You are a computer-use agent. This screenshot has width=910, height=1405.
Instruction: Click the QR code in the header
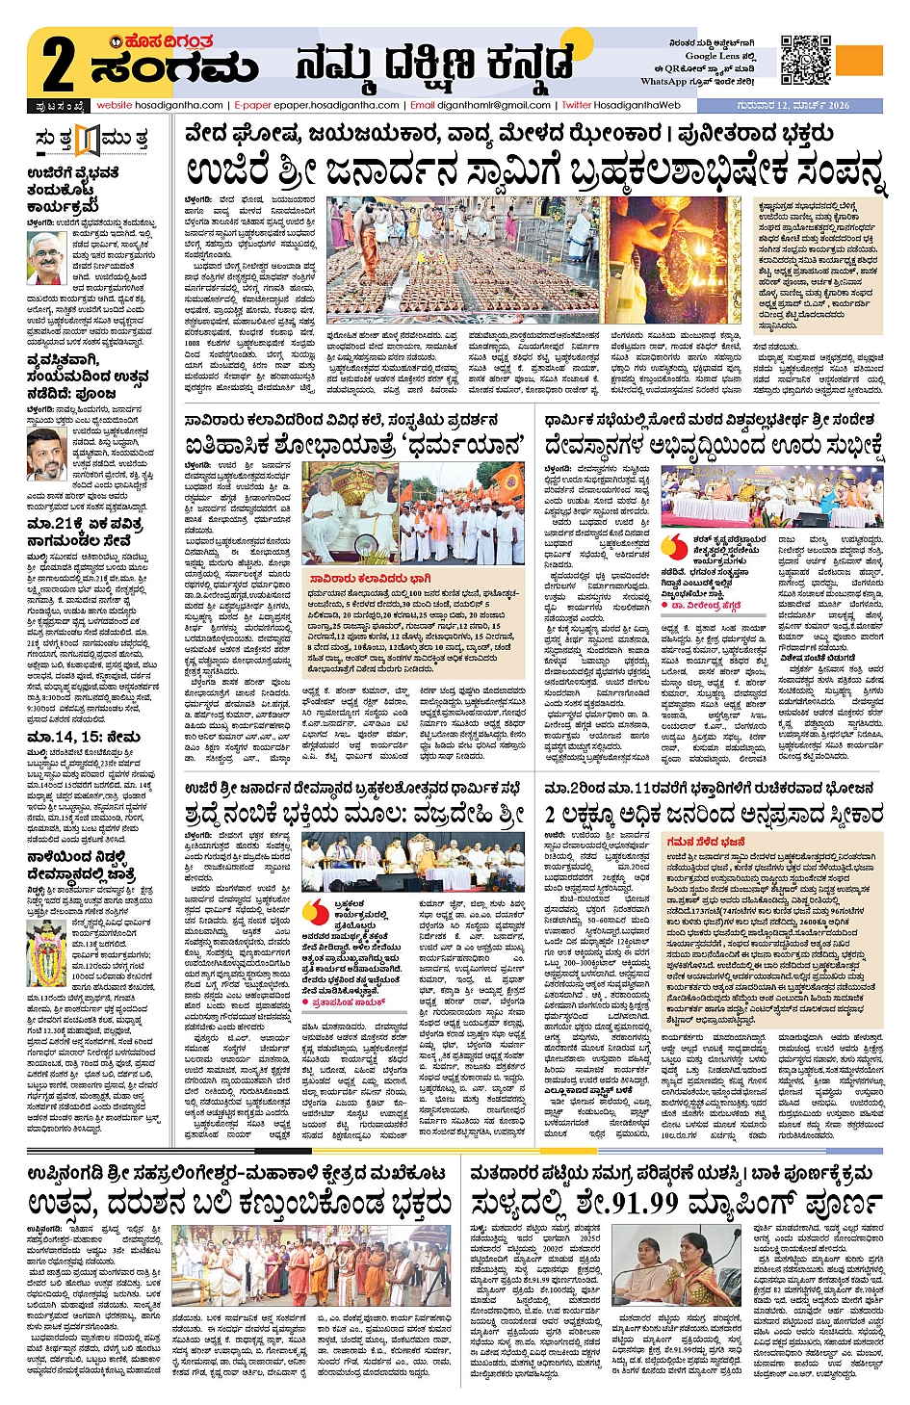pos(805,59)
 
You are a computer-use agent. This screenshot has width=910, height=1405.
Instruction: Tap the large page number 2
pos(58,65)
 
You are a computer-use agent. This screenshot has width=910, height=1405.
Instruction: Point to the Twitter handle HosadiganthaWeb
pos(637,105)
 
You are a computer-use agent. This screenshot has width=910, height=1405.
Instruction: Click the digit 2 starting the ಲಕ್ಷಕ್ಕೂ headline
pos(552,815)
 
